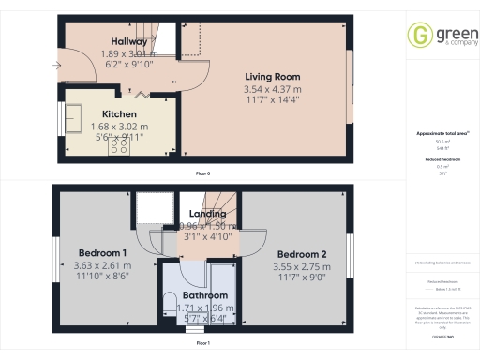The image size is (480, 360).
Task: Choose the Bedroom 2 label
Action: (x=301, y=254)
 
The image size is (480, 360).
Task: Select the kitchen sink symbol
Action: (x=74, y=118)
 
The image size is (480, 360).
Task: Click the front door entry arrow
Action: (x=57, y=66)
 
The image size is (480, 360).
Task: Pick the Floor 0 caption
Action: (x=202, y=174)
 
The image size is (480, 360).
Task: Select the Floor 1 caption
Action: (x=202, y=344)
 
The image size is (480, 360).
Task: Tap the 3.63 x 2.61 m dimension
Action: (x=103, y=265)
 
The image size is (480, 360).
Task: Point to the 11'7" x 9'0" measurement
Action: (x=301, y=278)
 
